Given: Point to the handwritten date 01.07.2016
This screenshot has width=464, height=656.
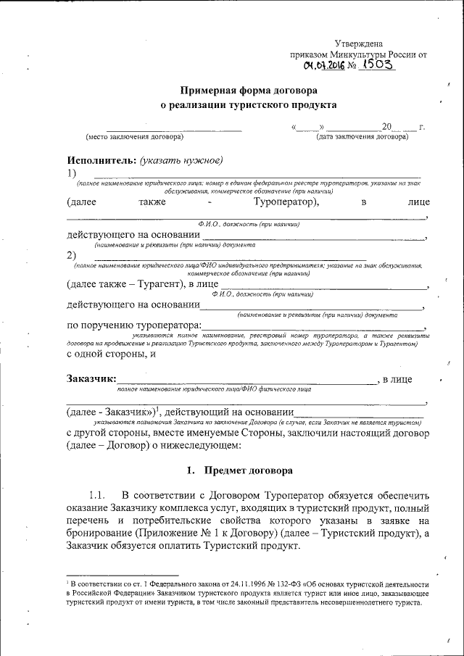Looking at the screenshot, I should tap(324, 66).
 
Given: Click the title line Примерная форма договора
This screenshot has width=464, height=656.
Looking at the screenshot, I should tap(249, 91).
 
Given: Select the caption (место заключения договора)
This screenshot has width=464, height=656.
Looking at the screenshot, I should tap(134, 136).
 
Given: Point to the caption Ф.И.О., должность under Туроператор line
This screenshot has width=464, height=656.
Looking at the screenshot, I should tap(249, 225).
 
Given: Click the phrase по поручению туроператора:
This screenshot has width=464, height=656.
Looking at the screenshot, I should tap(134, 325).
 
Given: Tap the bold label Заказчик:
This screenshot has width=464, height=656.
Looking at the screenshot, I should tap(91, 378).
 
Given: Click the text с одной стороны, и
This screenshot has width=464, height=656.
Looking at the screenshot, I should tap(112, 354).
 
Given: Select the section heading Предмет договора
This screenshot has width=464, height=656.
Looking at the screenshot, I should tap(249, 470).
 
